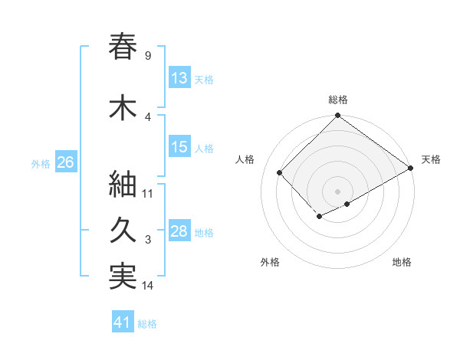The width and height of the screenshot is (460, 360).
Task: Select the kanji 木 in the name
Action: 123,108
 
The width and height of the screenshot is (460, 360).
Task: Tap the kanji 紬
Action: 123,184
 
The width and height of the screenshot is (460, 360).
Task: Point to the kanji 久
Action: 123,231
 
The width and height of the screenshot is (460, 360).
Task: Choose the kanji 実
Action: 123,277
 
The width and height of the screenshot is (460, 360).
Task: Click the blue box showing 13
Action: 179,78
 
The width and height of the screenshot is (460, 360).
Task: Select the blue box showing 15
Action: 179,148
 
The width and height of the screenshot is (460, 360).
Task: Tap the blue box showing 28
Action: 179,231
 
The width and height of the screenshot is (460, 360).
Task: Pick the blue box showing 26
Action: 65,163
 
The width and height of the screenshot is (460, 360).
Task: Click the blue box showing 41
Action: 123,322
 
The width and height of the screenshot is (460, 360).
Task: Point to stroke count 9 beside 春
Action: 147,55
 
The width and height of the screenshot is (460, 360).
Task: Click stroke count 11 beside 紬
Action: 148,193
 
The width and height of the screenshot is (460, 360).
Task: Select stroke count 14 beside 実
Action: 148,286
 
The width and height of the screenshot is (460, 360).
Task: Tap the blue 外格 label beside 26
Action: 40,164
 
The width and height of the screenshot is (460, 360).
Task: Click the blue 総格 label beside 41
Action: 147,324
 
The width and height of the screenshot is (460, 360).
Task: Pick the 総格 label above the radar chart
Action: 337,100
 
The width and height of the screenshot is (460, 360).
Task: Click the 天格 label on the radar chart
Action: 431,159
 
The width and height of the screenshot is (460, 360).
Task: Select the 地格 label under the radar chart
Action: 402,262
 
